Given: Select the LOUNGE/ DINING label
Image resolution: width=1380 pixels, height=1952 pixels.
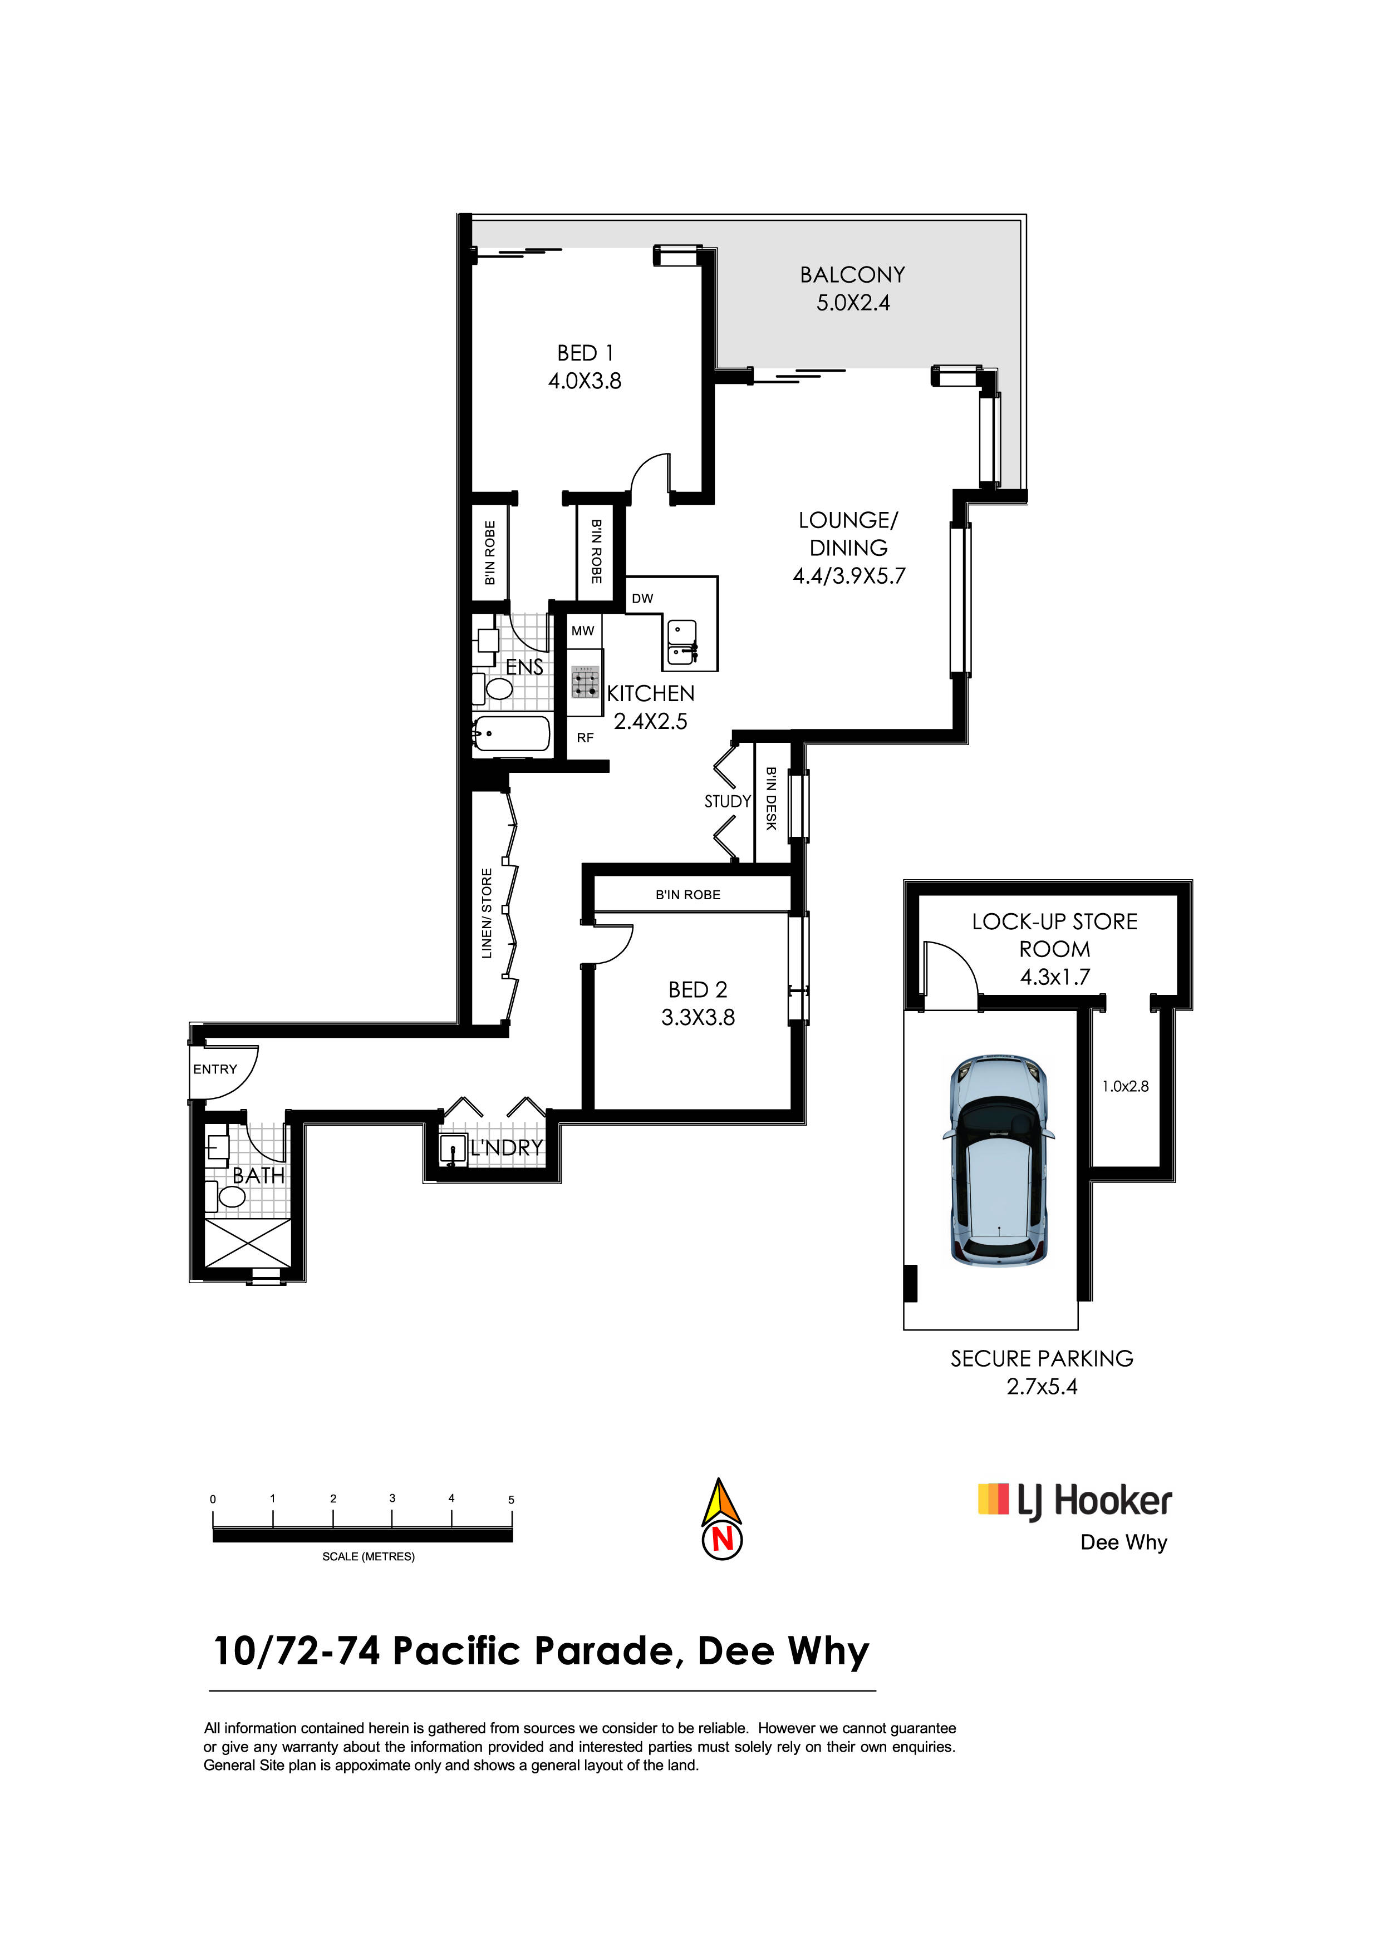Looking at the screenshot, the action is [848, 534].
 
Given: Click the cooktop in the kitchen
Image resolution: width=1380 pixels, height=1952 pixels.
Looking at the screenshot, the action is [585, 682].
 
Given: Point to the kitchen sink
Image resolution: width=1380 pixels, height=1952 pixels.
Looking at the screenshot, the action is [683, 642].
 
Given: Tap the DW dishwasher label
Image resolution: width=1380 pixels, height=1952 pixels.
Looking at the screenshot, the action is [643, 599].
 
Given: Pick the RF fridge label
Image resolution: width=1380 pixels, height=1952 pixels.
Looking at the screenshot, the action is [585, 738].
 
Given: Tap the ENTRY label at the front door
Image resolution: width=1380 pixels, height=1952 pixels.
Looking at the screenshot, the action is [215, 1069].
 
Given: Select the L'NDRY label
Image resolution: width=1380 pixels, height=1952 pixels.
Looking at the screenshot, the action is [507, 1148].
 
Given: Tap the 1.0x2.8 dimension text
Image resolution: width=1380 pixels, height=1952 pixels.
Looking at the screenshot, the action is [1126, 1087].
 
